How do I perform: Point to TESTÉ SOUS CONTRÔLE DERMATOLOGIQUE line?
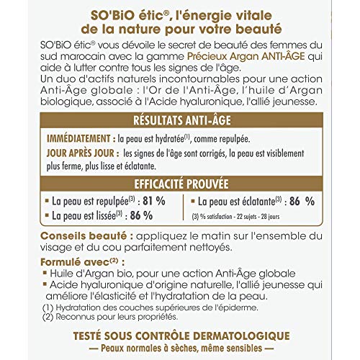click(x=179, y=336)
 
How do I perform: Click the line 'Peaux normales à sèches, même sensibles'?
click(x=179, y=348)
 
